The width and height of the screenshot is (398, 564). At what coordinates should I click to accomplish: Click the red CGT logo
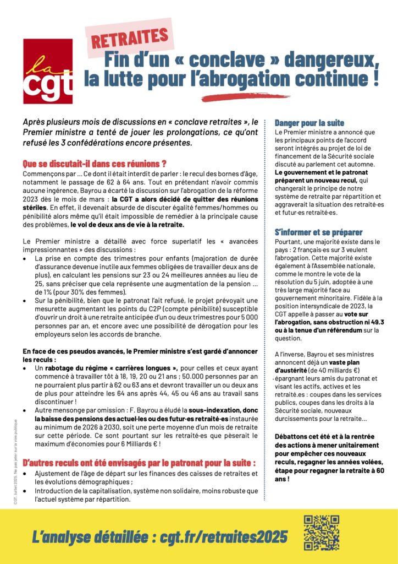pyautogui.click(x=48, y=71)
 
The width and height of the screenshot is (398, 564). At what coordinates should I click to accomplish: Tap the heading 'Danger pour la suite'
pyautogui.click(x=309, y=122)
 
